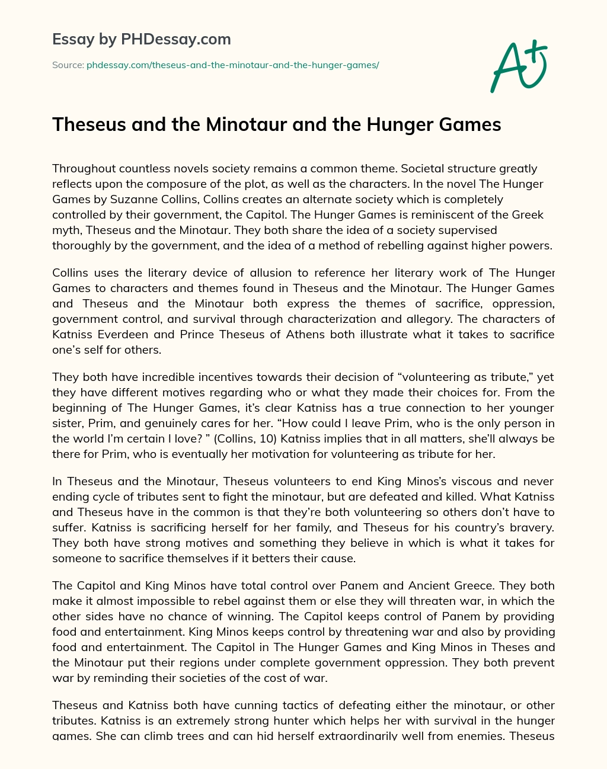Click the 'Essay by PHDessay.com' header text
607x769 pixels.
[142, 40]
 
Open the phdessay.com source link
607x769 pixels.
[232, 65]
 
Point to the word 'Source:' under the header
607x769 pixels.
[68, 65]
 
